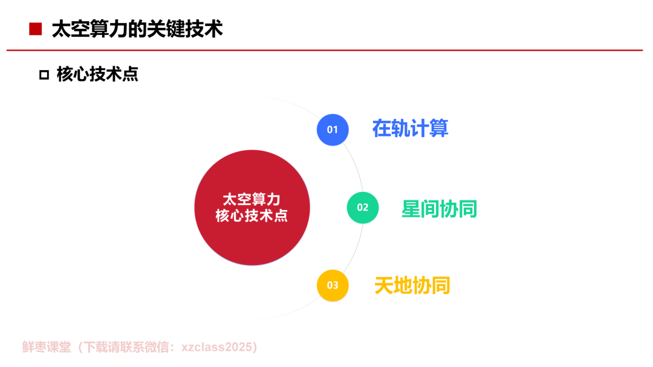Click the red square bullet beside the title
pos(36,29)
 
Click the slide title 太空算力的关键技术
pos(137,29)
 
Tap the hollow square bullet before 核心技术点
pos(44,75)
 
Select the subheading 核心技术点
pos(97,74)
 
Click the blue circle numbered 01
pos(333,130)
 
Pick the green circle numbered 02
pos(363,208)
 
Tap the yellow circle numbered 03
pos(333,286)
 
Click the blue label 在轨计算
pos(410,129)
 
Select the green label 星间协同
pos(440,209)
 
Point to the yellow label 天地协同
pos(412,286)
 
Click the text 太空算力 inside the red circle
pos(252,200)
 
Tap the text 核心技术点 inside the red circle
pos(252,215)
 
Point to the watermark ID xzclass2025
pos(216,347)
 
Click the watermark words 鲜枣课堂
pos(47,347)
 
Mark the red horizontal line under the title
pos(325,50)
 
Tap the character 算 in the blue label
pos(439,129)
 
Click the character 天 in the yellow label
pos(384,286)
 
